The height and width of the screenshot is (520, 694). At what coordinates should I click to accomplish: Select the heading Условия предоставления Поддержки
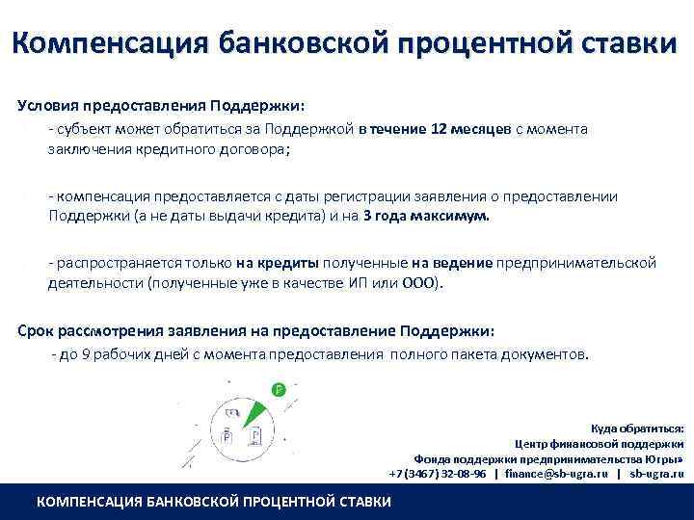tap(160, 106)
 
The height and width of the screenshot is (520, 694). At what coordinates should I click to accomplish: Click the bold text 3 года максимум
tap(427, 217)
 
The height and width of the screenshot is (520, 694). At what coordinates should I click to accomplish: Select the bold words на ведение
tap(452, 263)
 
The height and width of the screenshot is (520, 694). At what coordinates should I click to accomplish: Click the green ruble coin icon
tap(279, 390)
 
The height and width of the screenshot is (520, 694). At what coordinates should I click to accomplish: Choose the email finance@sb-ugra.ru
tap(555, 474)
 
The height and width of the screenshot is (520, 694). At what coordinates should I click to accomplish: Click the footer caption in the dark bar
tap(213, 502)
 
